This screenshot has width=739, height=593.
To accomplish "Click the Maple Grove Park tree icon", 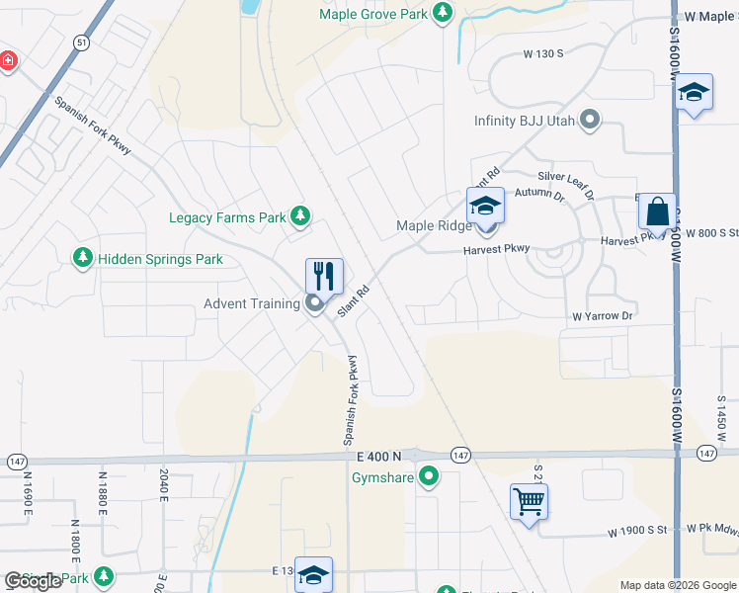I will [444, 13].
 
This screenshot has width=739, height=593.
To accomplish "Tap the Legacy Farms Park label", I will [227, 217].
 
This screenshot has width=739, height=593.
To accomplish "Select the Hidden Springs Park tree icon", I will [83, 258].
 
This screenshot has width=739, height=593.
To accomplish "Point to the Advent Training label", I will [252, 303].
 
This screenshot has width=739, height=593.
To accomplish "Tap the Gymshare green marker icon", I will [429, 478].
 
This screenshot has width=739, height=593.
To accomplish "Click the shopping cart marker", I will [529, 502].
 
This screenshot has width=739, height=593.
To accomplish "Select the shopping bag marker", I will [657, 212].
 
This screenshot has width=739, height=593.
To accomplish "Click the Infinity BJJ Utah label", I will [527, 121].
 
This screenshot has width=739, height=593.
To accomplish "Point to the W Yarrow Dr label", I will [602, 316].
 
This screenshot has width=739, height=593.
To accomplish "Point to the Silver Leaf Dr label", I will [565, 181].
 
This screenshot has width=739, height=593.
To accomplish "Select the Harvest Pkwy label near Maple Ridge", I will [497, 249].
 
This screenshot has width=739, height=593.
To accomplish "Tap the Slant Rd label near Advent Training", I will [353, 300].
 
